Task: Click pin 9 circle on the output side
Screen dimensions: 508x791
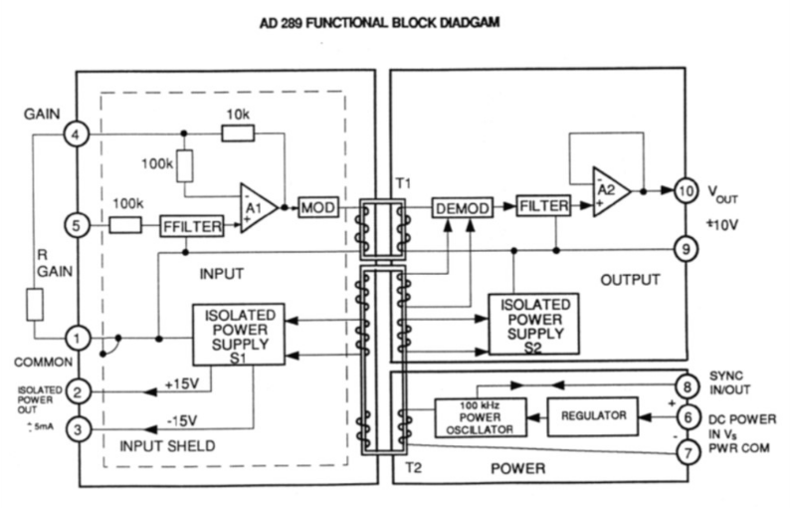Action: pyautogui.click(x=687, y=249)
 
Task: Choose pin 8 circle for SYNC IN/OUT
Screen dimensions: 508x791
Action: pyautogui.click(x=687, y=382)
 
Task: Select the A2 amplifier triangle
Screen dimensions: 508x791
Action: pyautogui.click(x=610, y=190)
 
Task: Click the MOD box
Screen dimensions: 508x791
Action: pyautogui.click(x=318, y=207)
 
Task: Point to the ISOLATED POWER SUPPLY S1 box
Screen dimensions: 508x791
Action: pyautogui.click(x=238, y=332)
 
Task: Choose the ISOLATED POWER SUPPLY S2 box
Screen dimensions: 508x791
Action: pyautogui.click(x=532, y=324)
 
